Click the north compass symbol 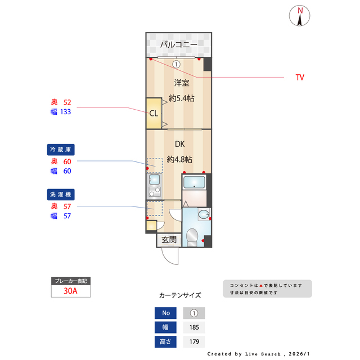click(300, 16)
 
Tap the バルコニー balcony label click(178, 44)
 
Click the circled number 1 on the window click(177, 64)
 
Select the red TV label click(300, 78)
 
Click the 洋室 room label click(181, 83)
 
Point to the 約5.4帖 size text click(182, 98)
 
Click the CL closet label click(153, 112)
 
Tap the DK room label click(179, 145)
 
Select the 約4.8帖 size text click(179, 159)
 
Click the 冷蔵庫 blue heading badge click(61, 150)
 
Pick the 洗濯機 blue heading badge click(61, 194)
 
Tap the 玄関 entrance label click(169, 240)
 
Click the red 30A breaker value click(71, 291)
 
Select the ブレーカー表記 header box click(71, 281)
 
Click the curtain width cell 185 click(194, 327)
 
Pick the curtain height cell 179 click(194, 341)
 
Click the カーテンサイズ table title click(180, 295)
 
